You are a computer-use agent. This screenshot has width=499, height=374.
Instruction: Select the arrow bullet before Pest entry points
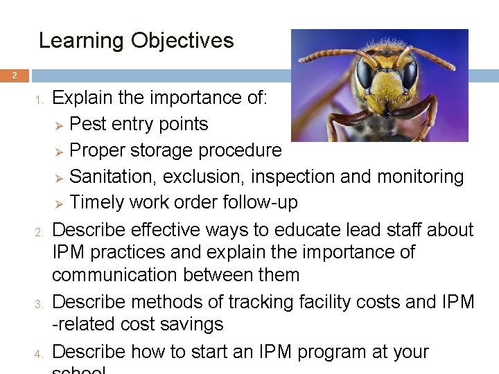59,125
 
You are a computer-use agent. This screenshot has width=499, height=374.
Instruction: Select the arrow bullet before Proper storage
59,152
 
